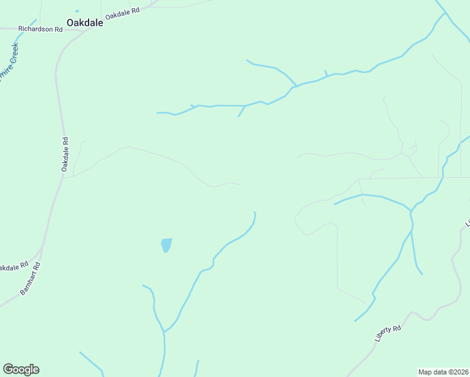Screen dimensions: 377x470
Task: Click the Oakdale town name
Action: (x=85, y=21)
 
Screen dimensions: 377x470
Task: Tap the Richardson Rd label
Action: (x=41, y=29)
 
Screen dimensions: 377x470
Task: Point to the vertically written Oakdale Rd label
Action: (x=64, y=155)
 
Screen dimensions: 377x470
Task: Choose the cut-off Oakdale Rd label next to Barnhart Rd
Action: (x=13, y=267)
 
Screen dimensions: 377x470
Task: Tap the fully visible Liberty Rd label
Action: (x=388, y=333)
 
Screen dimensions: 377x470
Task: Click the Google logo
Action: (x=21, y=369)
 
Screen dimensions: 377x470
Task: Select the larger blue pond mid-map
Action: (x=166, y=244)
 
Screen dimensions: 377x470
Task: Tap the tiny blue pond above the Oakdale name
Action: (x=77, y=11)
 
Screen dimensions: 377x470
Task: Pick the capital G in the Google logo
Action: (x=8, y=369)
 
